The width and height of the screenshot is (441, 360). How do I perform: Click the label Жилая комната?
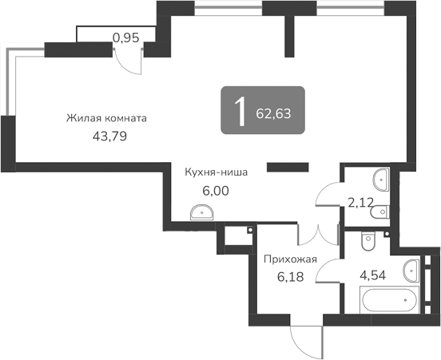(107, 118)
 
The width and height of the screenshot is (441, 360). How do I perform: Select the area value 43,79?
(110, 136)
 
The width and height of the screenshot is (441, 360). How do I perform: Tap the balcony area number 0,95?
(126, 36)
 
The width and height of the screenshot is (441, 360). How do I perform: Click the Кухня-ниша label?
(216, 171)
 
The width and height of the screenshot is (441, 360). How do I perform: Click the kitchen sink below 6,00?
(201, 212)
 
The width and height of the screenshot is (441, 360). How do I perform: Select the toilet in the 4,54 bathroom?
(368, 238)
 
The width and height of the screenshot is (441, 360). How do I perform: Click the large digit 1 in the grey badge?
(239, 112)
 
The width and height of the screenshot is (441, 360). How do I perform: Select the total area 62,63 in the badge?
(274, 113)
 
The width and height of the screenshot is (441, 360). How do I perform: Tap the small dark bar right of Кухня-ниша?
(287, 167)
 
